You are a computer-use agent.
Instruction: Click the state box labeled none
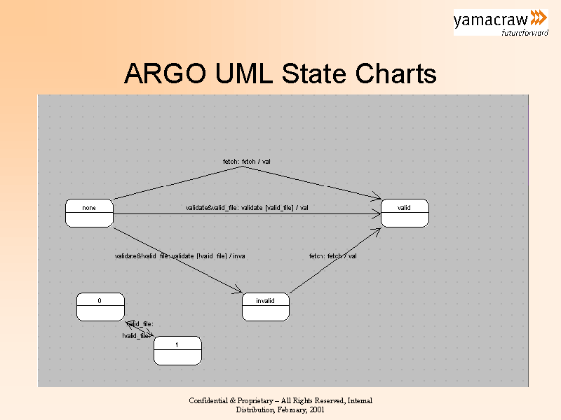point(89,213)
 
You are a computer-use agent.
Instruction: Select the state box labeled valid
point(405,213)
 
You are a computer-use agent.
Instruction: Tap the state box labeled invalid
point(265,307)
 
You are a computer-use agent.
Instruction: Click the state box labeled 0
point(100,307)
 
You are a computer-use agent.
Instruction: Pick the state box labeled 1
point(177,350)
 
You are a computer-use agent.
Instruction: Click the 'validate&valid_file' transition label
point(247,208)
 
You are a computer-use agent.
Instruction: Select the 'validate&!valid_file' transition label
point(180,256)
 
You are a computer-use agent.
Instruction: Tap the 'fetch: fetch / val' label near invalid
point(333,256)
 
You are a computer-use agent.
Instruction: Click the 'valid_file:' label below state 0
point(140,324)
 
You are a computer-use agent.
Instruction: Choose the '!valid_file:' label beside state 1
point(136,336)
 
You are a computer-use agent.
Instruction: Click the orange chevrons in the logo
point(538,17)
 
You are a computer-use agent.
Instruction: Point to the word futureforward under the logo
point(525,32)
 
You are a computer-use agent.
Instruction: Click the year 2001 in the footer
point(316,409)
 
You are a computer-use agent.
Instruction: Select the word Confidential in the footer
point(212,400)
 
